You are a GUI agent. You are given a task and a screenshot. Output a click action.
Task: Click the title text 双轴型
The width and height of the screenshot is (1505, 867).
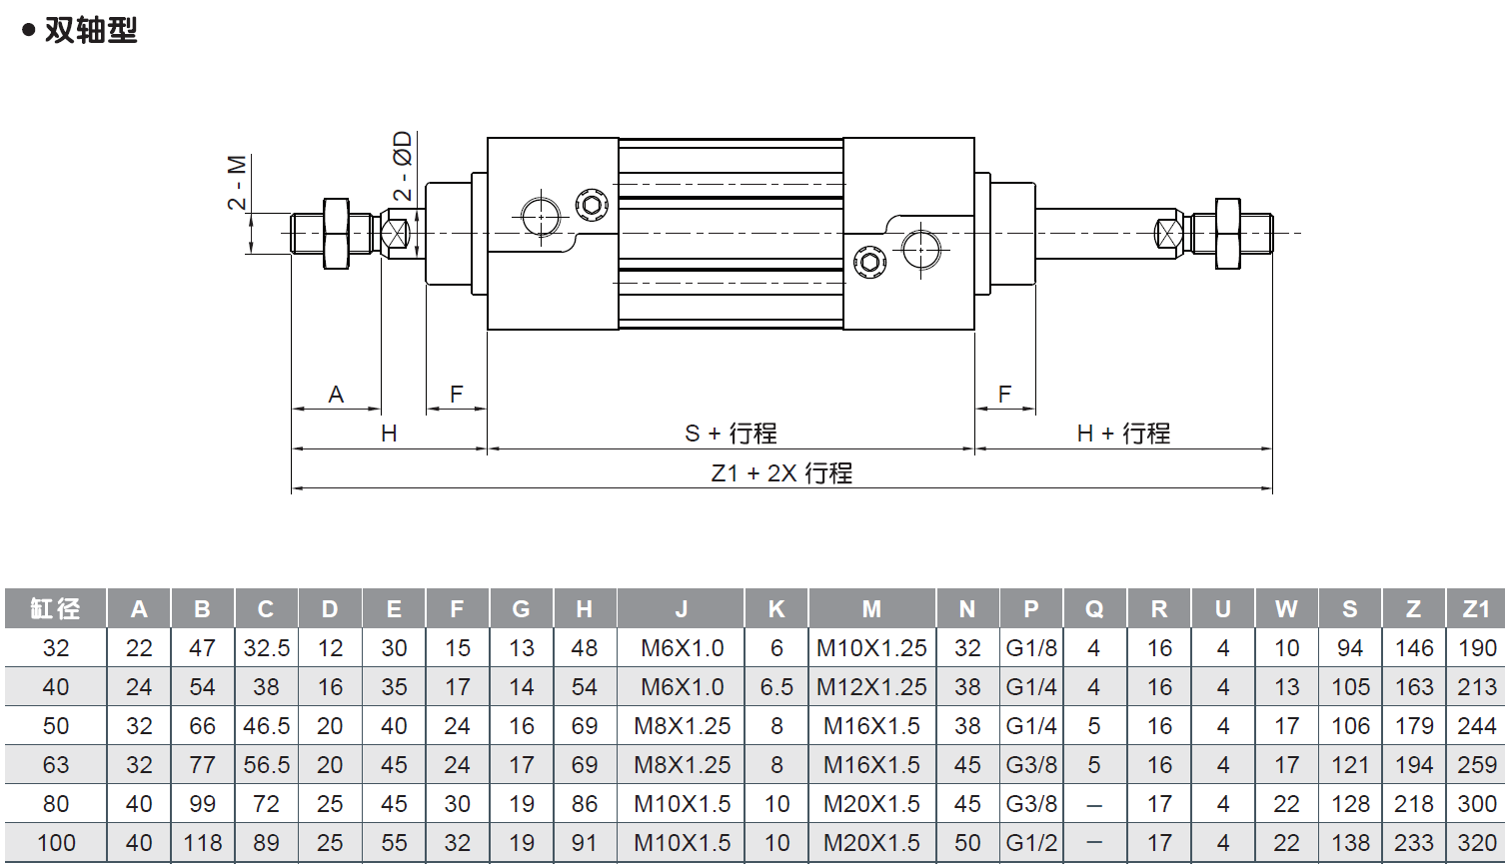click(90, 30)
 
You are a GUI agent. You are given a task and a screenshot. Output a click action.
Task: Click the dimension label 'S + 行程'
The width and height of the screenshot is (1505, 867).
click(731, 433)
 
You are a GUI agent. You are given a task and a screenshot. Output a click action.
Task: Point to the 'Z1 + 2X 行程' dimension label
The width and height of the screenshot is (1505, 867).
click(781, 473)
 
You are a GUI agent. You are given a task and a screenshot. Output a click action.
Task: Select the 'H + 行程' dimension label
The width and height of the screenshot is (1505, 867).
click(1123, 433)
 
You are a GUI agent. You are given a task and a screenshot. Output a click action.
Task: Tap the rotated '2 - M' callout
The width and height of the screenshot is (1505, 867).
click(237, 182)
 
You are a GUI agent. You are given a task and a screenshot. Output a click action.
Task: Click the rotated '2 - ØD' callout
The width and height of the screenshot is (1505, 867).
click(402, 166)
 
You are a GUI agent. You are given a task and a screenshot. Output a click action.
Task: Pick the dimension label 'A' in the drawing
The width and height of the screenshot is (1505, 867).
click(336, 395)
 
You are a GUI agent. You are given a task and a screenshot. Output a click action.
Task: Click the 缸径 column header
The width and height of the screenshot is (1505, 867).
click(55, 609)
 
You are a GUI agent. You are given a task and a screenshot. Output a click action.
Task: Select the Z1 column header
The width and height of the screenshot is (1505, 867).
click(1476, 609)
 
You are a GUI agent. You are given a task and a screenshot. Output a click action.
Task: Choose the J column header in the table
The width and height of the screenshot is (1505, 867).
click(682, 609)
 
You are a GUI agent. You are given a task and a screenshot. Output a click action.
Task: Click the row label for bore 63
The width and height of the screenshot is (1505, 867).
click(56, 765)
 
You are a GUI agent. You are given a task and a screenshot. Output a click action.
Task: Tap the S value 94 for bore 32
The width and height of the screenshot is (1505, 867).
click(1350, 648)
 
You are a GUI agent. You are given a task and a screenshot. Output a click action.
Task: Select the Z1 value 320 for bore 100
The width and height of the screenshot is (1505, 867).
click(1476, 843)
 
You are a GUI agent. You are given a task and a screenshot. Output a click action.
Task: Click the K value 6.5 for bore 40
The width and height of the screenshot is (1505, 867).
click(776, 687)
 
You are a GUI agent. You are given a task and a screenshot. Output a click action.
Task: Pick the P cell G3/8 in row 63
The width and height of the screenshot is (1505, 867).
click(1031, 765)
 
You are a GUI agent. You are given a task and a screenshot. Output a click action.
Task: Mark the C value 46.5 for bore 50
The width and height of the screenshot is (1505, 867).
click(266, 726)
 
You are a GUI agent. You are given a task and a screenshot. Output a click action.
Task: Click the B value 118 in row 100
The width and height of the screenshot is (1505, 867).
click(202, 843)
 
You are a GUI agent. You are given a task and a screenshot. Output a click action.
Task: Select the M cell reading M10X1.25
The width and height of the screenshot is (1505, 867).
click(871, 648)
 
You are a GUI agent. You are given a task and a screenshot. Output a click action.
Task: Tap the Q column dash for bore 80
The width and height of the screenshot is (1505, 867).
click(1094, 804)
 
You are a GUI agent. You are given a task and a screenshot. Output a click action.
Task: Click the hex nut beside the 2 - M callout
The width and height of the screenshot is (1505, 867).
click(336, 234)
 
